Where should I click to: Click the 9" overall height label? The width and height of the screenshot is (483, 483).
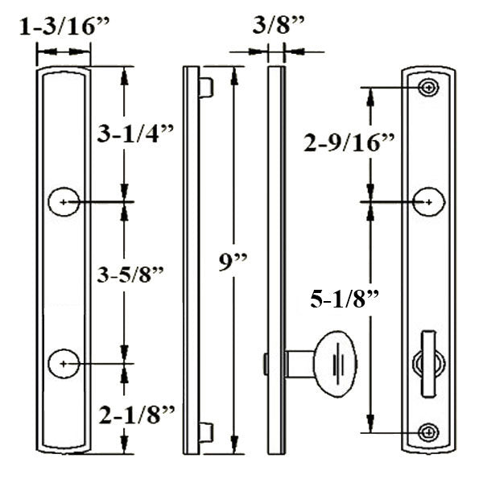[x=233, y=262]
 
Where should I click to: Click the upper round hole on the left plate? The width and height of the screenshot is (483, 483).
[x=64, y=201]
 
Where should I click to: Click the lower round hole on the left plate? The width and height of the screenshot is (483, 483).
[x=64, y=364]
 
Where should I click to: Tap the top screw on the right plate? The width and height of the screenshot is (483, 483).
[x=429, y=87]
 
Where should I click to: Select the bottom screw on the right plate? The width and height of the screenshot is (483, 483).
[x=429, y=432]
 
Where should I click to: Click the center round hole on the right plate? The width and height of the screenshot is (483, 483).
[x=429, y=201]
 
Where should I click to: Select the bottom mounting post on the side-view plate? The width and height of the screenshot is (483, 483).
[x=206, y=432]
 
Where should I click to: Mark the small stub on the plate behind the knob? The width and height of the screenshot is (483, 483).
[x=265, y=364]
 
